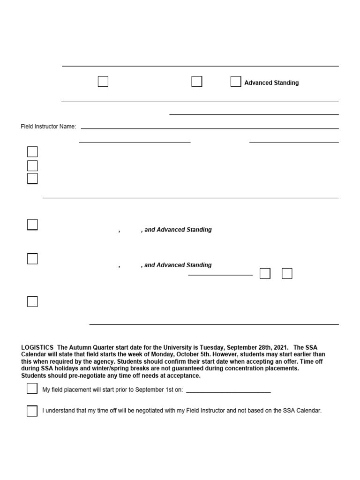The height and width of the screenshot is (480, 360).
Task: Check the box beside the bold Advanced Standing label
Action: [x=235, y=82]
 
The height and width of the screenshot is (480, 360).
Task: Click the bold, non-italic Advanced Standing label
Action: [x=271, y=83]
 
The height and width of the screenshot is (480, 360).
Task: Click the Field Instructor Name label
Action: [x=48, y=127]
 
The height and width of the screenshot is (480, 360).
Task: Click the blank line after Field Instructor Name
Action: [x=210, y=127]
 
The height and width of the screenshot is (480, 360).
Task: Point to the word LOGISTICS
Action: [x=37, y=347]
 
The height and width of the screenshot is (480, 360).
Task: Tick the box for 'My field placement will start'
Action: [x=32, y=389]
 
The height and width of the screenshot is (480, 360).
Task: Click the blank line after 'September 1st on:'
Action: [x=228, y=391]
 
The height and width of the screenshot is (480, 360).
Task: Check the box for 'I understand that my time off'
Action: [x=32, y=411]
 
